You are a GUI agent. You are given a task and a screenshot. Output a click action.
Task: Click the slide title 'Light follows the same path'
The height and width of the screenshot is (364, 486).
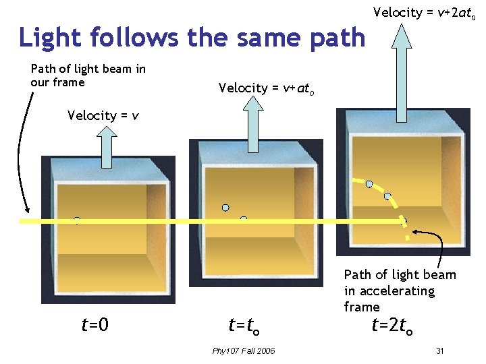point(192,38)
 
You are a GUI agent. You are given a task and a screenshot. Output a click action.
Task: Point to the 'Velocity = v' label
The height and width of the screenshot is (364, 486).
point(103,115)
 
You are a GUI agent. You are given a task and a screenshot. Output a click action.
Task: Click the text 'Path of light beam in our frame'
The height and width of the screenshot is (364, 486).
point(88,75)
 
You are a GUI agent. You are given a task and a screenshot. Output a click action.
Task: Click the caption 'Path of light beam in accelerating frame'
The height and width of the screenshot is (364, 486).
point(399,291)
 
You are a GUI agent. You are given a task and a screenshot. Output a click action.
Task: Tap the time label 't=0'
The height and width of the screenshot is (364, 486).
point(94,326)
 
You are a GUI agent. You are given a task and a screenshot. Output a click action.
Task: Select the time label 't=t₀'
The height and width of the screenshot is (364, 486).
point(244,326)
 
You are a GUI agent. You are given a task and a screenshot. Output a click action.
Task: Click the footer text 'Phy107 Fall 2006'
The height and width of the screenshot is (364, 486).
point(243,351)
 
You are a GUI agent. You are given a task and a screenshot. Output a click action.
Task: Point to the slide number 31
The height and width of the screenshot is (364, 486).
point(439,351)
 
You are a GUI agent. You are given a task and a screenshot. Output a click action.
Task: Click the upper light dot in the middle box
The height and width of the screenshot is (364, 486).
point(226,208)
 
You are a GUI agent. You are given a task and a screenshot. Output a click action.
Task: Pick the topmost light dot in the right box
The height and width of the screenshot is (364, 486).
point(369,183)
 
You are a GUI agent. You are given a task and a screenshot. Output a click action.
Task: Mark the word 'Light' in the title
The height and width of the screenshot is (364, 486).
point(46,38)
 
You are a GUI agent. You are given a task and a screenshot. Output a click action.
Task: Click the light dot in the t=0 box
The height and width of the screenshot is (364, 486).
point(77,220)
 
